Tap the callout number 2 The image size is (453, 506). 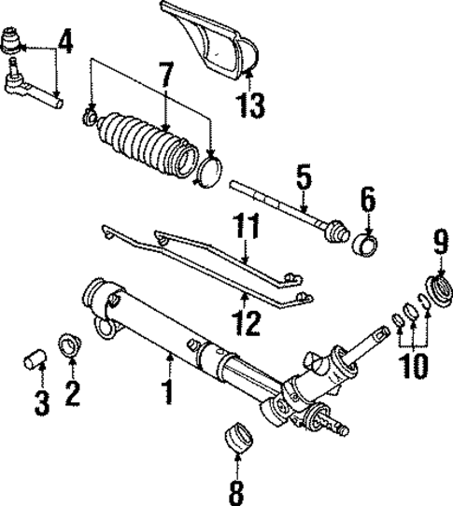pos(68,393)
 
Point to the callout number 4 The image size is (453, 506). pos(65,43)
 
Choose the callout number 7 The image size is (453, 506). pos(165,76)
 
